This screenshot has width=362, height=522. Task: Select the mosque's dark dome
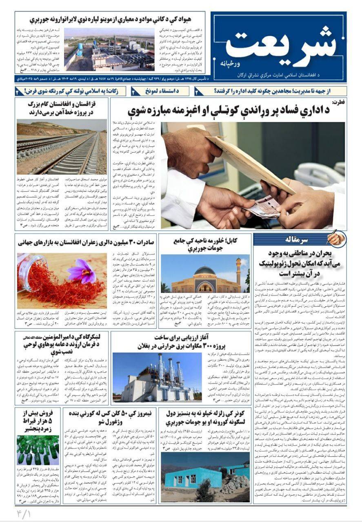point(204,270)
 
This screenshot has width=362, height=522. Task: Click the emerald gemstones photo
point(38,450)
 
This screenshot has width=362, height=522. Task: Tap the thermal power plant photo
point(157,377)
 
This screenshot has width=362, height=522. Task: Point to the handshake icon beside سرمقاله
point(336,239)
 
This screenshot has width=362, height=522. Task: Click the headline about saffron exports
point(86,242)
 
